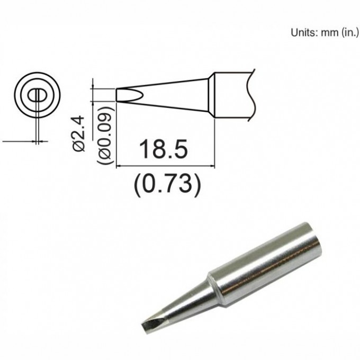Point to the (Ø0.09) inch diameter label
[105, 139]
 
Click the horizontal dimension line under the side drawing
[164, 166]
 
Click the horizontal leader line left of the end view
[16, 141]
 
